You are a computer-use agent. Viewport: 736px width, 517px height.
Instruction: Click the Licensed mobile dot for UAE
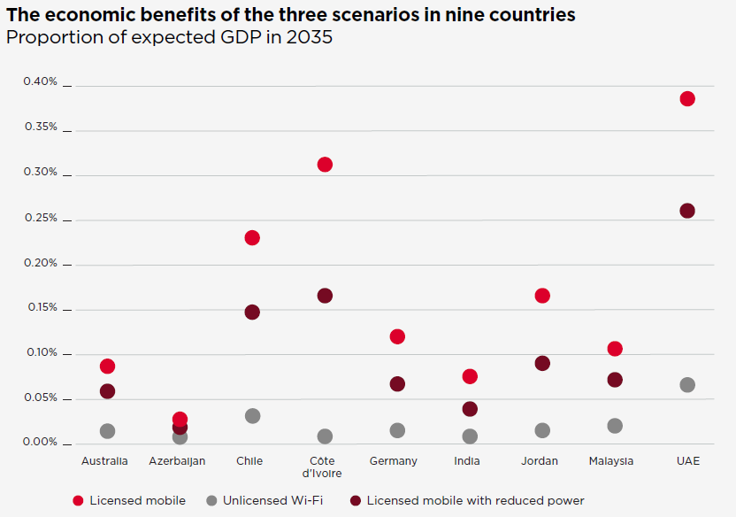pyautogui.click(x=687, y=98)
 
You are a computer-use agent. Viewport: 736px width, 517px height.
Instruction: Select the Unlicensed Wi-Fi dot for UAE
pyautogui.click(x=687, y=385)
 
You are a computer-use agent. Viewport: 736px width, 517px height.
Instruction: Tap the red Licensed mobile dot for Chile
pyautogui.click(x=252, y=237)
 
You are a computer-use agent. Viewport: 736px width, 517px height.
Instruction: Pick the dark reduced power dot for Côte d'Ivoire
pyautogui.click(x=325, y=296)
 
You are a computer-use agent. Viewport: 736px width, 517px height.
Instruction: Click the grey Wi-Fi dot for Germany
pyautogui.click(x=397, y=430)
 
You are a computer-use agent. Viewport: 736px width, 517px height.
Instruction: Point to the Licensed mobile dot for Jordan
pyautogui.click(x=542, y=296)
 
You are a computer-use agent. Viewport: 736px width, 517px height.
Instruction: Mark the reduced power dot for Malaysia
pyautogui.click(x=615, y=380)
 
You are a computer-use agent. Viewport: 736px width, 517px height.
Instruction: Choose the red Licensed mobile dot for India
pyautogui.click(x=470, y=376)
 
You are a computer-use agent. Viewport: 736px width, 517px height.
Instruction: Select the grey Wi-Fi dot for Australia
pyautogui.click(x=107, y=431)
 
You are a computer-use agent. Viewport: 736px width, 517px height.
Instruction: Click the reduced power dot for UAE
pyautogui.click(x=687, y=211)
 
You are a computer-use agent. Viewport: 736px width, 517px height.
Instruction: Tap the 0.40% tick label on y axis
pyautogui.click(x=40, y=82)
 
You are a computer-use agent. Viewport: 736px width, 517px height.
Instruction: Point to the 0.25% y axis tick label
pyautogui.click(x=40, y=218)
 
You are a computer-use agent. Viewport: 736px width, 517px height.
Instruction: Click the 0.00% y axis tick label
pyautogui.click(x=40, y=443)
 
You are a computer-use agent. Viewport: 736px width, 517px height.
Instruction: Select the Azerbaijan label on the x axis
pyautogui.click(x=177, y=461)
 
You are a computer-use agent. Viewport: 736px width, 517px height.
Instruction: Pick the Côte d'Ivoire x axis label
pyautogui.click(x=325, y=467)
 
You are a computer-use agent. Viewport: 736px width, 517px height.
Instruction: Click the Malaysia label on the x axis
pyautogui.click(x=611, y=461)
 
